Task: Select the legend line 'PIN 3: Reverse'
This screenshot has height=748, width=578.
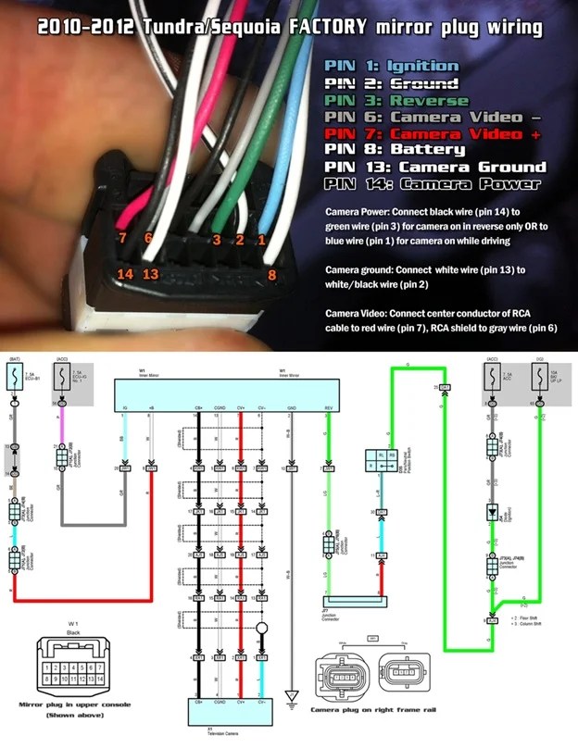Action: point(389,100)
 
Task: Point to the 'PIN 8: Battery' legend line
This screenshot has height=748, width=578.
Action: point(388,150)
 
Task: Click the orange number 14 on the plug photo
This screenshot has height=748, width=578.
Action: point(125,274)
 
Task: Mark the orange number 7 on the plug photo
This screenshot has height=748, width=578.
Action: point(122,239)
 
